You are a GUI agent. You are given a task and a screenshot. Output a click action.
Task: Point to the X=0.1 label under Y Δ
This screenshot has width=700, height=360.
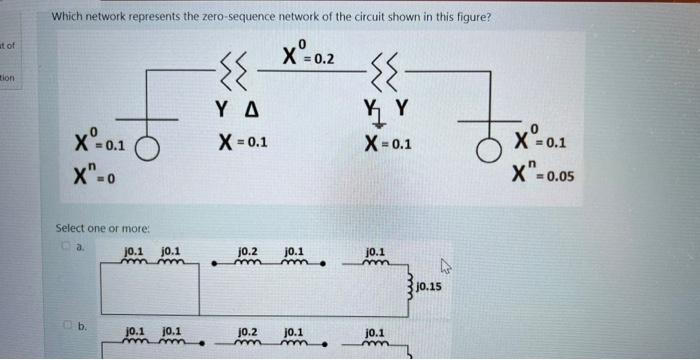(x=242, y=142)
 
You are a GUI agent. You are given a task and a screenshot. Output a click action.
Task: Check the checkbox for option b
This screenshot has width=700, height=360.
(x=62, y=324)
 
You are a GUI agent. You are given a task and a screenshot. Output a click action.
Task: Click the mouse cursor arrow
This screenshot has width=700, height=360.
(x=448, y=267)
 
